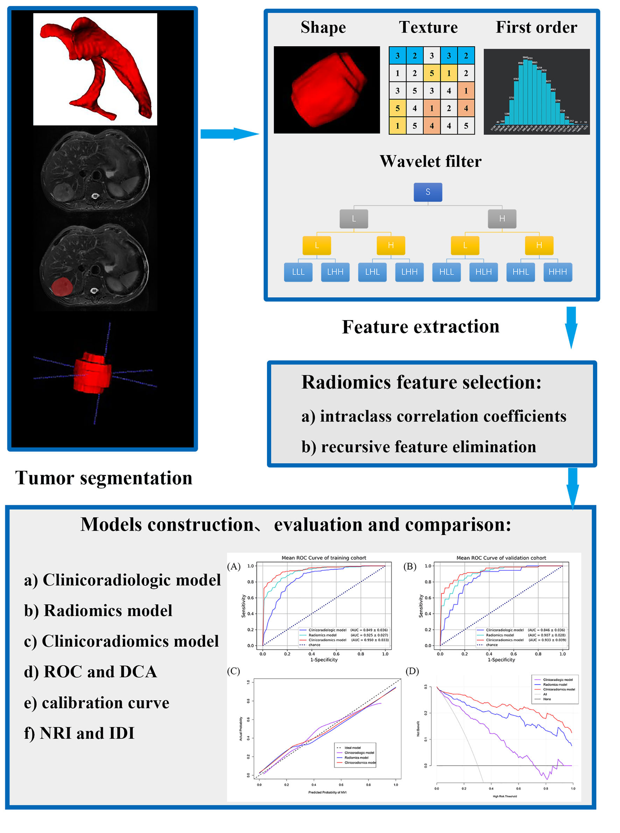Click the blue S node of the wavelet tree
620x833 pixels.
click(x=428, y=192)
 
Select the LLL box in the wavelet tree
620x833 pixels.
click(x=298, y=272)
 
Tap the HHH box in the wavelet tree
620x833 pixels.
click(x=557, y=272)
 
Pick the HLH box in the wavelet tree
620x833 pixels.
click(x=484, y=272)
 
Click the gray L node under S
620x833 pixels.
click(x=353, y=218)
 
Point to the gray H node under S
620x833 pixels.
click(x=502, y=218)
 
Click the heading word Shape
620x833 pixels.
click(x=323, y=27)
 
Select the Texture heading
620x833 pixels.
click(x=428, y=27)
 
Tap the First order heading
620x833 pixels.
click(x=536, y=27)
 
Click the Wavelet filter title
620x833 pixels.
click(x=430, y=161)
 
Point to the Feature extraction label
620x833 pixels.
click(x=420, y=326)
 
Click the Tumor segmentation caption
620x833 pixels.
click(x=104, y=478)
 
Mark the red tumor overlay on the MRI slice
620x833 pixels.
click(x=62, y=286)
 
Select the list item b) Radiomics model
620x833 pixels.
click(x=98, y=611)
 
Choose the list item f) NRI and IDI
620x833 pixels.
click(x=79, y=733)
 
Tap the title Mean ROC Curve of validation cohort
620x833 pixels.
click(x=501, y=558)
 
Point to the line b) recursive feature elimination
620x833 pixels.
click(x=418, y=447)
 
